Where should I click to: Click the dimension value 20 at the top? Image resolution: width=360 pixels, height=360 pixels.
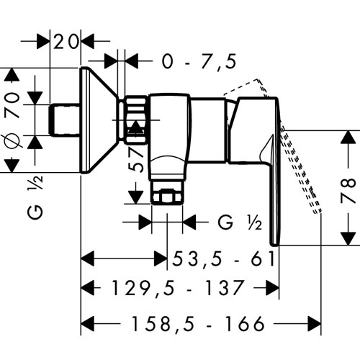click(66, 41)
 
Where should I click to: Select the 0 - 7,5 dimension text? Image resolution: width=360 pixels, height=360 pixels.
click(199, 61)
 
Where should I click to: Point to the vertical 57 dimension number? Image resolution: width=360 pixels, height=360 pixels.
click(136, 159)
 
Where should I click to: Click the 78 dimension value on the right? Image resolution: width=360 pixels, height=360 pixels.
click(348, 190)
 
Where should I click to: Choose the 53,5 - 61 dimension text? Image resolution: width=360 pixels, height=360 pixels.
click(223, 259)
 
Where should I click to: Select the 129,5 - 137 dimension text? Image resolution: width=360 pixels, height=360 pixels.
click(177, 287)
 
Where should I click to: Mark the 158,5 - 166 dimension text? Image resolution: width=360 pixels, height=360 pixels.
click(198, 323)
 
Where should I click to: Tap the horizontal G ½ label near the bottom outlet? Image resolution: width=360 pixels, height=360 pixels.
click(240, 222)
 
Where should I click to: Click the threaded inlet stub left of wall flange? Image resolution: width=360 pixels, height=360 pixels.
click(64, 120)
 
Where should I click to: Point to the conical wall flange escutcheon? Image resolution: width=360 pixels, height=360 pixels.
click(99, 120)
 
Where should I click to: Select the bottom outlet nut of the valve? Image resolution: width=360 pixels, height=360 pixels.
click(167, 192)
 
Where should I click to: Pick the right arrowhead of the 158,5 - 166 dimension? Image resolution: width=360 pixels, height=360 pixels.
click(314, 323)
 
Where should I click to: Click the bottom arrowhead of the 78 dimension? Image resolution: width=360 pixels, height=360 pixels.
click(348, 238)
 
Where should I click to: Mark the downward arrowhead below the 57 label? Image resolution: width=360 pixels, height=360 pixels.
click(135, 197)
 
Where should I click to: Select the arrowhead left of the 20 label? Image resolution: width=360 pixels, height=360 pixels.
click(43, 41)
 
